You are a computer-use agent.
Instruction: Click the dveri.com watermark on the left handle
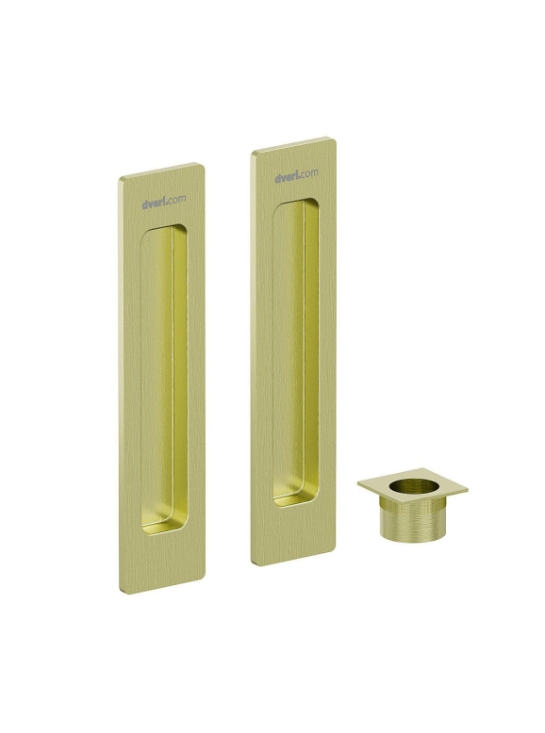tap(163, 201)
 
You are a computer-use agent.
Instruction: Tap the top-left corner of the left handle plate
tap(119, 179)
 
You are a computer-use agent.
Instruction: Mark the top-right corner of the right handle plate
tap(336, 138)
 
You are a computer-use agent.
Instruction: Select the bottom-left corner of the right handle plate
tap(252, 562)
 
